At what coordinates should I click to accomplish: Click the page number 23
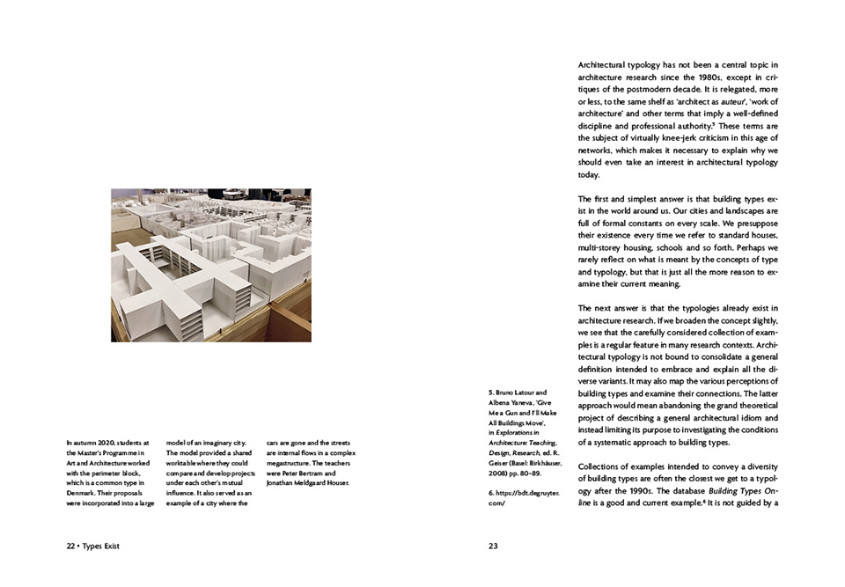point(493,546)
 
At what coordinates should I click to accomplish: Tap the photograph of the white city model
point(210,265)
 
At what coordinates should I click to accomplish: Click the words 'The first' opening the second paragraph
point(592,199)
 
